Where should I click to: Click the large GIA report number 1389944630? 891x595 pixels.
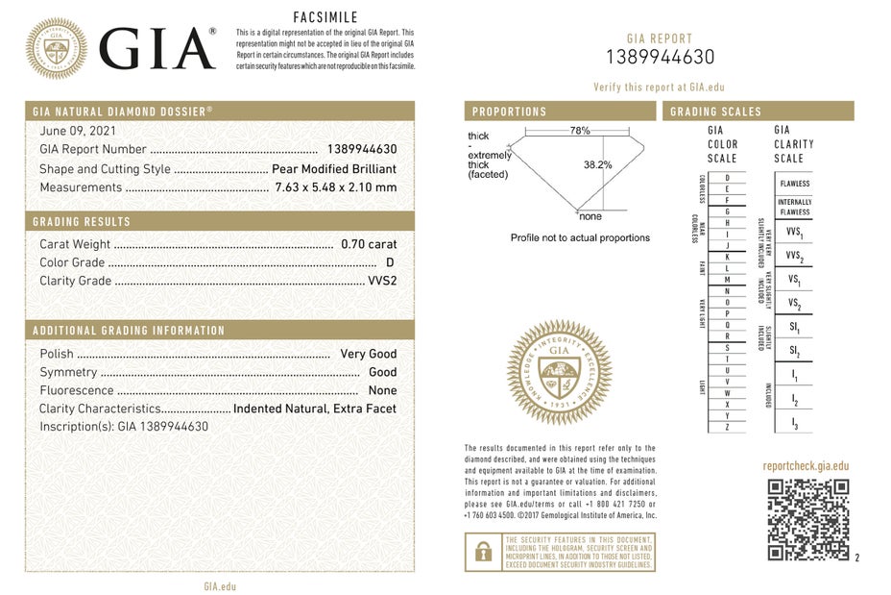[x=659, y=57]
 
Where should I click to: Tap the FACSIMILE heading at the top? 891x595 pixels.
[x=325, y=17]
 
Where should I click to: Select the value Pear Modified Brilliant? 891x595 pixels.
[x=333, y=168]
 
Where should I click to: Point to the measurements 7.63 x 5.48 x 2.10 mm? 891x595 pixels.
[x=335, y=187]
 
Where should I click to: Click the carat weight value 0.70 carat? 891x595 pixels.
[x=369, y=244]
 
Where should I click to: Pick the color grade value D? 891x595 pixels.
[x=390, y=262]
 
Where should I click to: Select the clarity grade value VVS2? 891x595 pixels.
[x=382, y=281]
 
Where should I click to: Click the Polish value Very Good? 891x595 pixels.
[x=368, y=354]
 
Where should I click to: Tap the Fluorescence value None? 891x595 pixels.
[x=382, y=390]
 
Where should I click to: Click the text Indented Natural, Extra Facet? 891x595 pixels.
[x=315, y=409]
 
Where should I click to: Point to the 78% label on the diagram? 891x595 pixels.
[x=579, y=130]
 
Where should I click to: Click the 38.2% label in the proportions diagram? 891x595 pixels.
[x=597, y=164]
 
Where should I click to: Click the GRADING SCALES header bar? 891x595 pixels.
[x=758, y=112]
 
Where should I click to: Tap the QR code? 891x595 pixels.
[x=808, y=519]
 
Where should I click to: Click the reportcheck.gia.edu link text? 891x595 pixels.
[x=806, y=465]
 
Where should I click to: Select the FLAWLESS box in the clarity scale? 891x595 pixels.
[x=794, y=184]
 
